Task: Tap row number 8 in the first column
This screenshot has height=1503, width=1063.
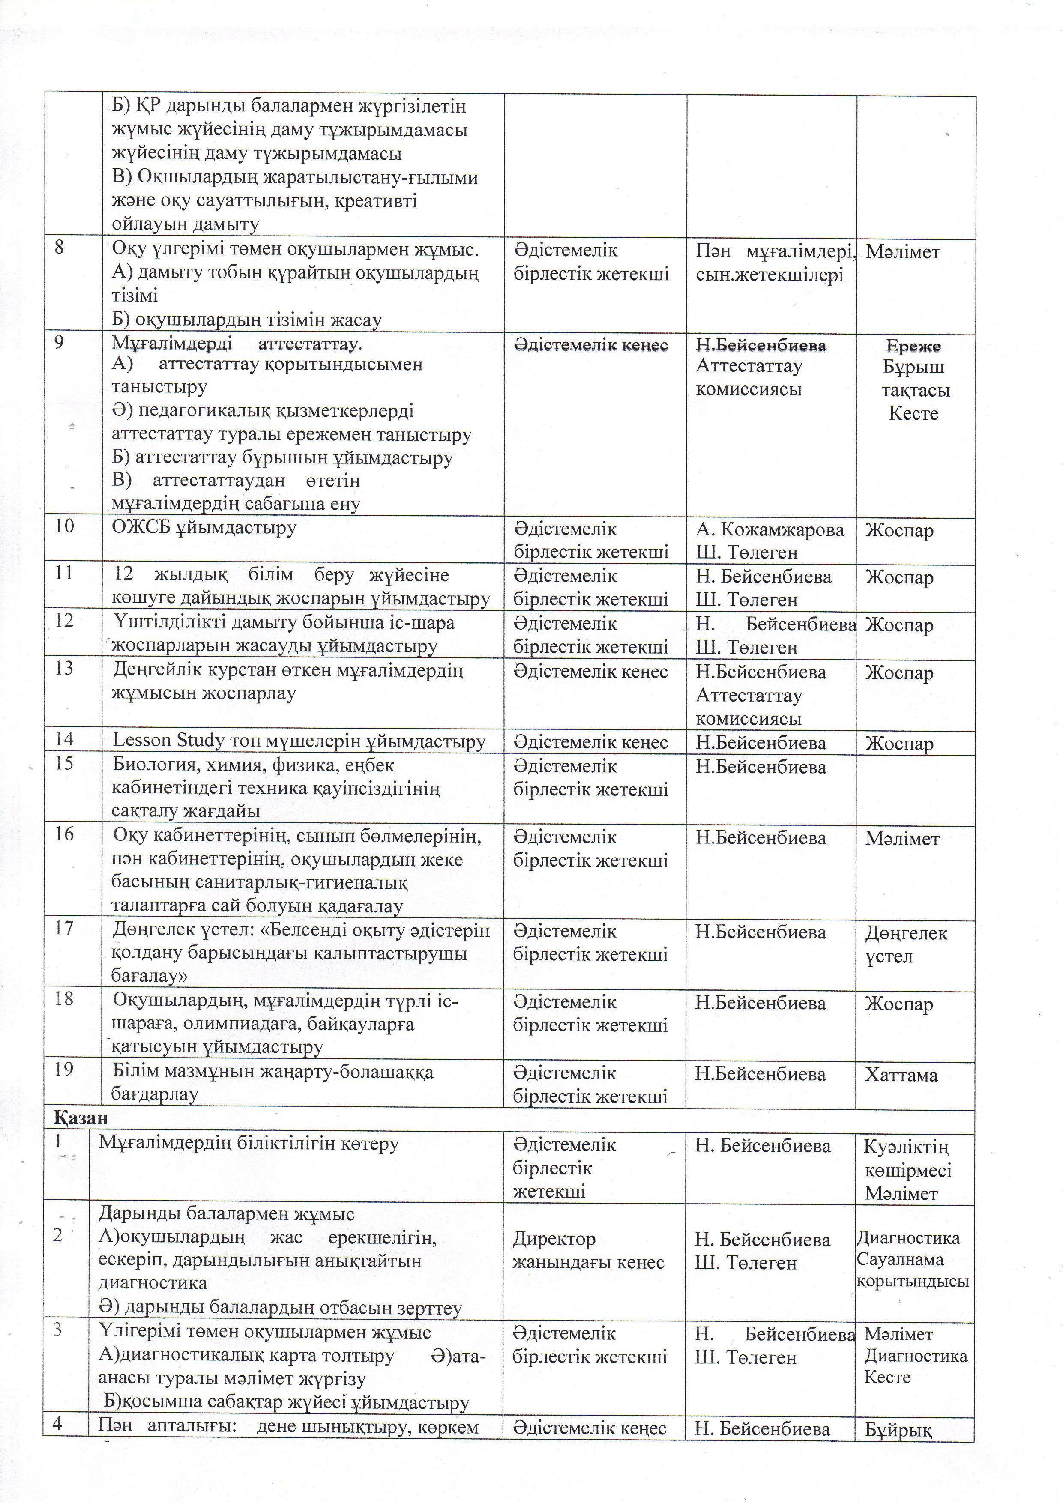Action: pyautogui.click(x=59, y=249)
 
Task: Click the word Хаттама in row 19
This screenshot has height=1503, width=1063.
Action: pyautogui.click(x=901, y=1075)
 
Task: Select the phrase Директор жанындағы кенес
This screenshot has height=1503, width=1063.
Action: pyautogui.click(x=588, y=1250)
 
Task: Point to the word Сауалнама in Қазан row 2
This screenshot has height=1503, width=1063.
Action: pyautogui.click(x=900, y=1259)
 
